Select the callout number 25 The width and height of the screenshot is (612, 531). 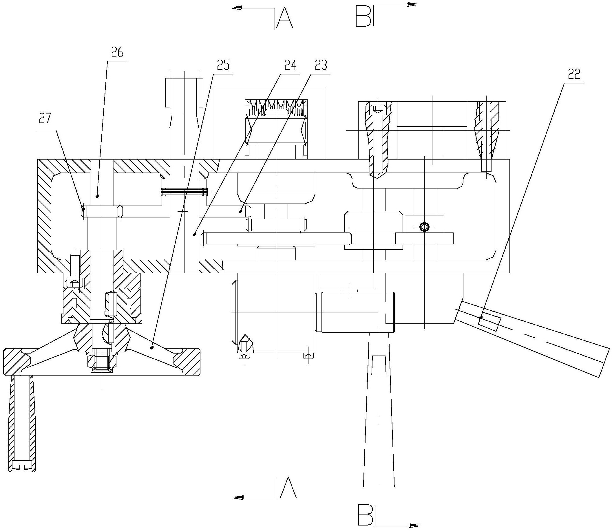tap(223, 65)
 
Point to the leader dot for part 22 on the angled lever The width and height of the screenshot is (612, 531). tap(481, 317)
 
